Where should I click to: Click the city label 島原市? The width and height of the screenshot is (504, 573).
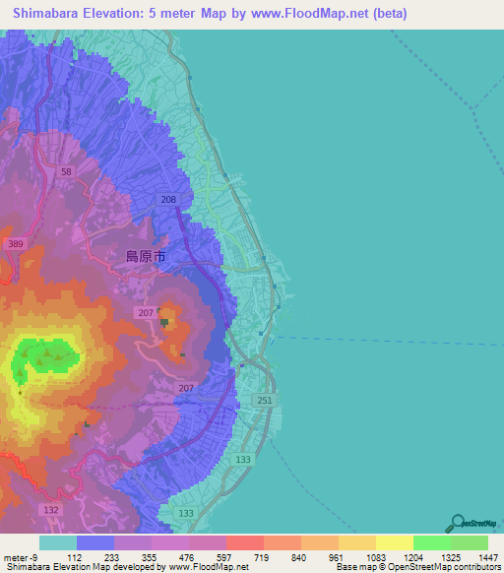tap(145, 256)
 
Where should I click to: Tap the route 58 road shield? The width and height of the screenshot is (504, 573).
tap(66, 171)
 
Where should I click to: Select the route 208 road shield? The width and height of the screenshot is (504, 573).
tap(168, 200)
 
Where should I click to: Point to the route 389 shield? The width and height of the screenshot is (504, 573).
tap(15, 243)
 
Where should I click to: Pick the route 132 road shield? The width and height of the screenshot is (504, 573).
tap(52, 508)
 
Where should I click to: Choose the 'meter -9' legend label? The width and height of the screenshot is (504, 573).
tap(21, 557)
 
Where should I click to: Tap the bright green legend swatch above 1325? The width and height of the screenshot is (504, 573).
tap(431, 542)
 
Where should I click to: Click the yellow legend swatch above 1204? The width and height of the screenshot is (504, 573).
tap(394, 542)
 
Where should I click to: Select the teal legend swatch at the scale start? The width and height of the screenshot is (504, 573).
tap(57, 542)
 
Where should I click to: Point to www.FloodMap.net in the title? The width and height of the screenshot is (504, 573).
tap(312, 14)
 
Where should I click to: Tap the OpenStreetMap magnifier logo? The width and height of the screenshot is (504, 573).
tap(457, 522)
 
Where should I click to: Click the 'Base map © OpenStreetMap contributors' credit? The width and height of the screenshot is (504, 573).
tap(416, 568)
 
